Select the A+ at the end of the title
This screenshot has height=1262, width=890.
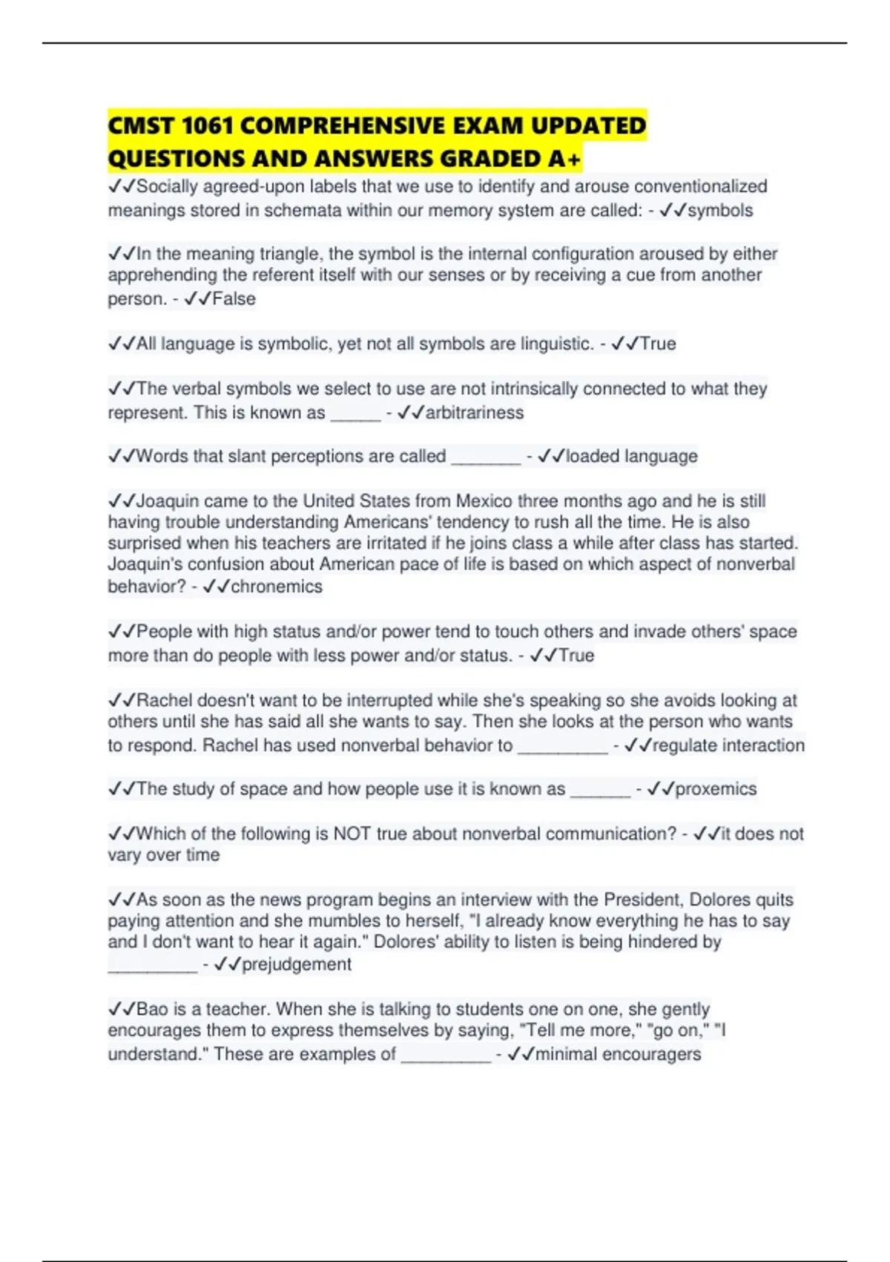coord(570,159)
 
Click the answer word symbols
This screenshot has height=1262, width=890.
coord(720,211)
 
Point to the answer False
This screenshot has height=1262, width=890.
coord(234,299)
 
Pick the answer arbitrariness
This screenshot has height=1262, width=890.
coord(474,413)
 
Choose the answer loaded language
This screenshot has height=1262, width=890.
coord(631,456)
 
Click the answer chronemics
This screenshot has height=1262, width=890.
coord(276,586)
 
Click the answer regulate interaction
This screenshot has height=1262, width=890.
coord(728,745)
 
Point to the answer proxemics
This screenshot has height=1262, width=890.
coord(716,788)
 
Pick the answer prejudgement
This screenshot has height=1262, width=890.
coord(296,964)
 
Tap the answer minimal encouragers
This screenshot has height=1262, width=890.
coord(618,1054)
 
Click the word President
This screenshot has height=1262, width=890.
coord(644,900)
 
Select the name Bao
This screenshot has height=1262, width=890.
coord(152,1009)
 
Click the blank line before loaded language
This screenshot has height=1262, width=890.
coord(486,457)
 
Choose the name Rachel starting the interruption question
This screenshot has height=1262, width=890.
coord(164,700)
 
